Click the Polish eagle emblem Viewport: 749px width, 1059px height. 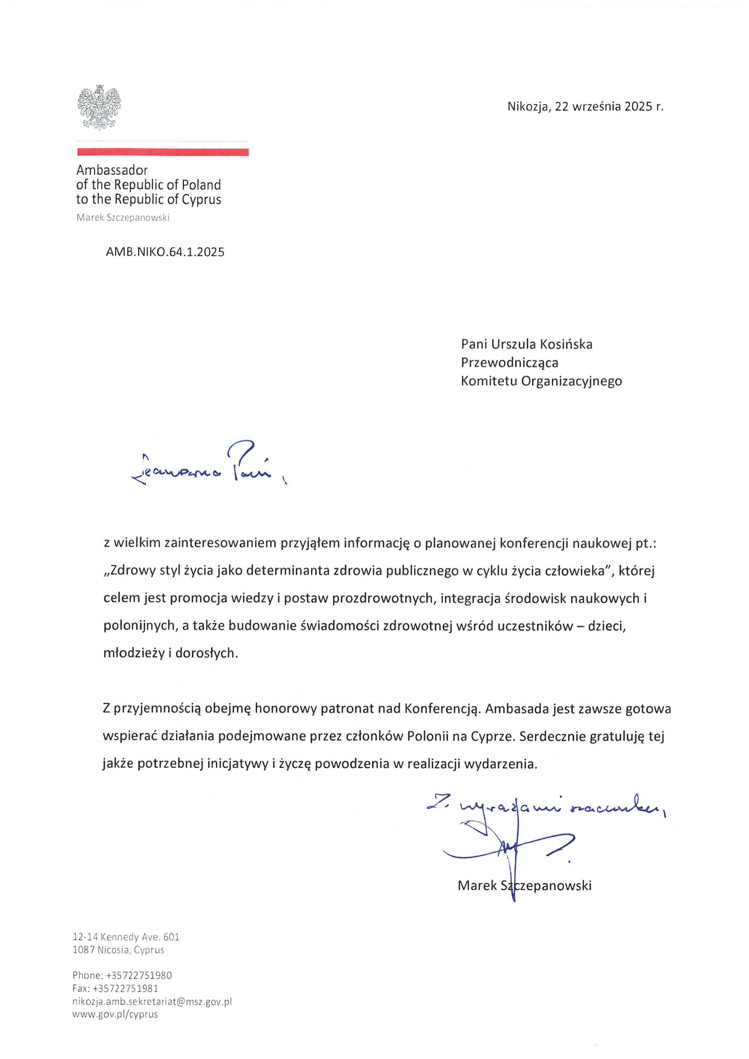[x=99, y=107]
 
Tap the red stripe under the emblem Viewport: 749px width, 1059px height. [x=163, y=152]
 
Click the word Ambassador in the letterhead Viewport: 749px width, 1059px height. [x=111, y=170]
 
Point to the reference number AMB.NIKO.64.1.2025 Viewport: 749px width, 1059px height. [x=165, y=252]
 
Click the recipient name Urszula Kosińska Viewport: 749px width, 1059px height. [x=541, y=344]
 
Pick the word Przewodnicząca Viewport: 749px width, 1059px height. [x=509, y=362]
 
